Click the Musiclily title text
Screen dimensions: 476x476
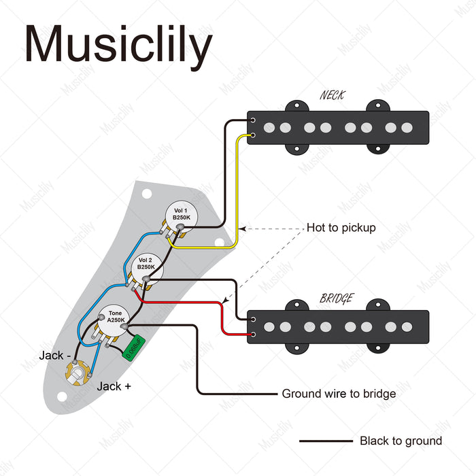(x=118, y=46)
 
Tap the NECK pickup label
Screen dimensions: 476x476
(x=332, y=95)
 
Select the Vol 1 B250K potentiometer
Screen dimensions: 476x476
(x=180, y=215)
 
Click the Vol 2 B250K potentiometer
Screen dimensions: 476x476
(x=146, y=265)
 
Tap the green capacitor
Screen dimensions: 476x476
(x=134, y=347)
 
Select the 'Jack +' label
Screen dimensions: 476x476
(x=114, y=386)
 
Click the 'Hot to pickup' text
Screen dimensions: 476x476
(x=341, y=228)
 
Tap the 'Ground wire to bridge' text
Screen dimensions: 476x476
(x=339, y=394)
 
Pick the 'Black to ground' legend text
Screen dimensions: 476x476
(x=401, y=441)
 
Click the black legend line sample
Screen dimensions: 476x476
(x=326, y=441)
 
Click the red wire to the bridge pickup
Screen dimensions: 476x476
(x=222, y=317)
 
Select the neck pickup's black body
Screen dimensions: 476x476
(x=338, y=127)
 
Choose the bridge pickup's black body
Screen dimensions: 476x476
(x=338, y=327)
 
